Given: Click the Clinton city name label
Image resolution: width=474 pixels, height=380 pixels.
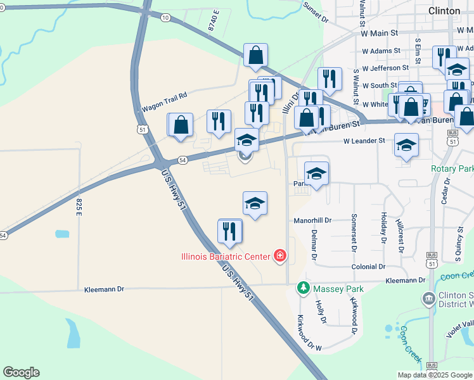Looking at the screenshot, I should click(x=444, y=11).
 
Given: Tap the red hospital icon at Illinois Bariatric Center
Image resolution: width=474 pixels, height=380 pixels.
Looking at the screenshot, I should click(x=279, y=256).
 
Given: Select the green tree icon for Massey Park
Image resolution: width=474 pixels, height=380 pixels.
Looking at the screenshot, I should click(x=304, y=289).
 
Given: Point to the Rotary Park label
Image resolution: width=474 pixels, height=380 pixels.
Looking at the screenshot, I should click(x=452, y=169).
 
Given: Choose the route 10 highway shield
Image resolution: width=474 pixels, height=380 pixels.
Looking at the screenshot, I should click(x=165, y=18).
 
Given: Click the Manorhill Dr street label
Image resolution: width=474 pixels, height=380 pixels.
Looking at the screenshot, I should click(x=312, y=221).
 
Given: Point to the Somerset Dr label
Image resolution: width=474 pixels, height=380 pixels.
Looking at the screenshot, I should click(x=354, y=229).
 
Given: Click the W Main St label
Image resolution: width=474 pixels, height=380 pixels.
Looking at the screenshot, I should click(x=378, y=32).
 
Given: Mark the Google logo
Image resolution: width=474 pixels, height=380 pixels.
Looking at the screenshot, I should click(x=21, y=372).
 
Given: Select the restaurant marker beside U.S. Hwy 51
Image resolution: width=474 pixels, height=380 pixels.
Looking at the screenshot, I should click(x=230, y=232).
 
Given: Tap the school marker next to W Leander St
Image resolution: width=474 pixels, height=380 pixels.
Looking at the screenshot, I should click(x=406, y=146).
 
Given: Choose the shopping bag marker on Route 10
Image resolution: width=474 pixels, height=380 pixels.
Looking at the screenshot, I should click(x=255, y=56).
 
